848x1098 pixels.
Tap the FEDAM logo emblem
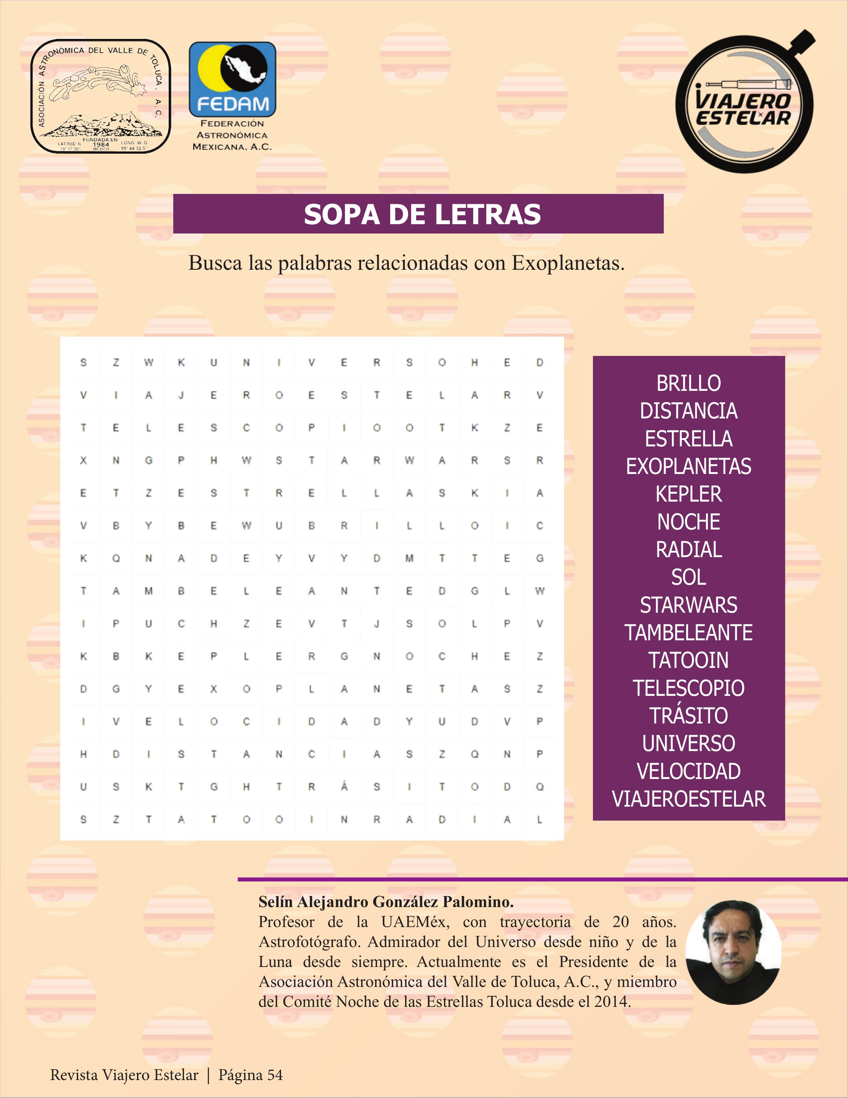(x=232, y=79)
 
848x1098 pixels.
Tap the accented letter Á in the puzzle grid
(x=344, y=787)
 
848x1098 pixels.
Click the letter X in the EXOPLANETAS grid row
(x=213, y=689)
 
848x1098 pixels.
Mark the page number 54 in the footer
(x=275, y=1075)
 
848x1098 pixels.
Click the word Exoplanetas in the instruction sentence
(x=568, y=263)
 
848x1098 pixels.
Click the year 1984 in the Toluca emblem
(x=101, y=145)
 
